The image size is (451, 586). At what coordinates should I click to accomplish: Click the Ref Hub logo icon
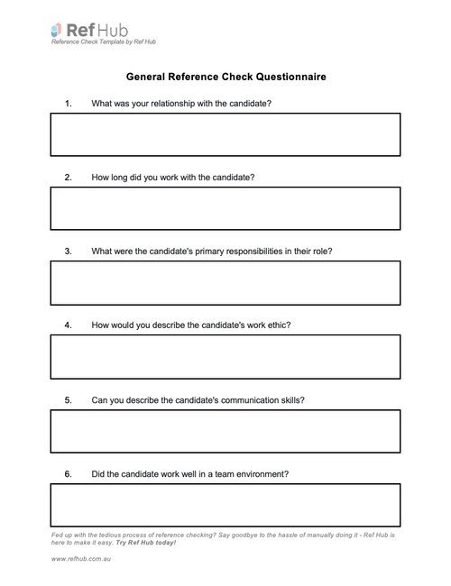pos(58,31)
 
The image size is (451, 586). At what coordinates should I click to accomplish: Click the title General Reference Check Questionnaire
pos(225,77)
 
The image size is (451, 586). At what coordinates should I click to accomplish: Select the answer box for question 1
pos(225,134)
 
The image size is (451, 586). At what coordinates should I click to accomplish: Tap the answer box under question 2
pos(225,208)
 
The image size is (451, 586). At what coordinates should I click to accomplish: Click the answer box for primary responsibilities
pos(225,283)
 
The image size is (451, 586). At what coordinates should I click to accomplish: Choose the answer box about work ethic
pos(225,356)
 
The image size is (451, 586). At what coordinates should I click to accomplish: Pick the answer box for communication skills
pos(225,431)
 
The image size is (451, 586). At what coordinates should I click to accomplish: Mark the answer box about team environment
pos(225,505)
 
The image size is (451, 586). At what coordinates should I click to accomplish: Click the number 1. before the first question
pos(69,104)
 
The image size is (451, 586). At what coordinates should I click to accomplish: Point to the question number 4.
pos(69,325)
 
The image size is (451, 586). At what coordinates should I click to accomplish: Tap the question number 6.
pos(69,473)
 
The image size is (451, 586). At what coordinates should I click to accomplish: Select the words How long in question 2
pos(110,178)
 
